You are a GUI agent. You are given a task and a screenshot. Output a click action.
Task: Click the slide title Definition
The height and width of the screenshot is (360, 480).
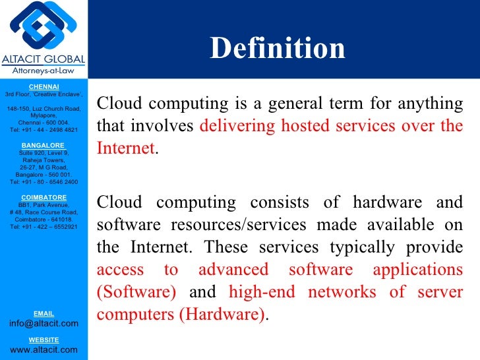pyautogui.click(x=278, y=48)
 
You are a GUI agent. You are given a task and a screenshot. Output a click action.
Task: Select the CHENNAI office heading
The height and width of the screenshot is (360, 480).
pyautogui.click(x=44, y=87)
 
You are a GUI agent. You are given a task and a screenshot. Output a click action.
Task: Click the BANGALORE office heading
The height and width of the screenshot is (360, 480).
pyautogui.click(x=44, y=145)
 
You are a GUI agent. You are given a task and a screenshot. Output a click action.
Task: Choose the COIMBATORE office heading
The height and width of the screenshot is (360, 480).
pyautogui.click(x=44, y=197)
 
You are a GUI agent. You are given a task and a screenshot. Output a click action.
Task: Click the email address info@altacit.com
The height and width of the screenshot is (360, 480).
pyautogui.click(x=44, y=323)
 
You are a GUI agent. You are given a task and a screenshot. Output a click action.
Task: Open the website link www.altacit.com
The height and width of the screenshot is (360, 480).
pyautogui.click(x=44, y=349)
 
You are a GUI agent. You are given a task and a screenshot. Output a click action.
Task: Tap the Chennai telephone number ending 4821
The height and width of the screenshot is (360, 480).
pyautogui.click(x=44, y=130)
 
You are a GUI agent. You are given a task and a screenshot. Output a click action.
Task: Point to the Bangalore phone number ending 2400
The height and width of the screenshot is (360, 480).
pyautogui.click(x=44, y=182)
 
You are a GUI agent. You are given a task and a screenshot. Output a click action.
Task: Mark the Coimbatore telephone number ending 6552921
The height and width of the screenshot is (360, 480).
pyautogui.click(x=44, y=227)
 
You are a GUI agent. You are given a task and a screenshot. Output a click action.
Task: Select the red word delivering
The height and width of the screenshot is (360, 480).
pyautogui.click(x=230, y=126)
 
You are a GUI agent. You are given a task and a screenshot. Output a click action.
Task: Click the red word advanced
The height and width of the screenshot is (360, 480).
pyautogui.click(x=233, y=270)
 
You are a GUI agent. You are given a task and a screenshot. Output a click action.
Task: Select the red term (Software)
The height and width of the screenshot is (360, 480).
pyautogui.click(x=136, y=292)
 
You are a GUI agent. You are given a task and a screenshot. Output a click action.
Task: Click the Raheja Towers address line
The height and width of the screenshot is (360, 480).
pyautogui.click(x=44, y=160)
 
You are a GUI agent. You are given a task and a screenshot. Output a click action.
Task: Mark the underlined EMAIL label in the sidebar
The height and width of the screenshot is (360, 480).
pyautogui.click(x=44, y=313)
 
